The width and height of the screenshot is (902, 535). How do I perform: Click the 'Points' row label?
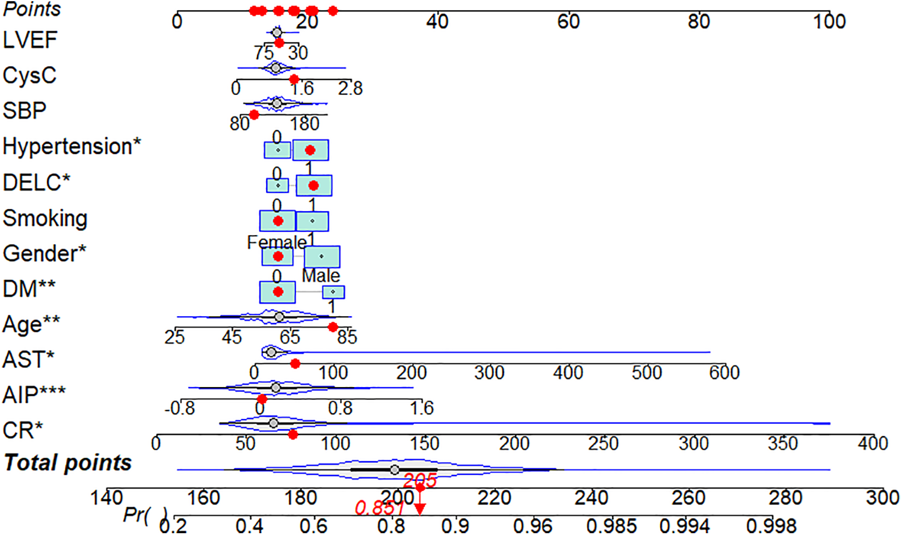(x=32, y=10)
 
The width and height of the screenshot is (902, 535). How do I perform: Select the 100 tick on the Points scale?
(x=829, y=21)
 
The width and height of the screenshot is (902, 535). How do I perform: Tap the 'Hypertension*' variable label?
(x=72, y=147)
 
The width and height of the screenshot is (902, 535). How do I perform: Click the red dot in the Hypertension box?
(x=310, y=150)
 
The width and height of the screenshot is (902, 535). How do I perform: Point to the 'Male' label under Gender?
(x=321, y=276)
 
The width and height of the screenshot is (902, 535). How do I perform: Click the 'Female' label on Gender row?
(x=276, y=242)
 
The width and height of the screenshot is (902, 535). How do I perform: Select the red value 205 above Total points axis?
(x=420, y=481)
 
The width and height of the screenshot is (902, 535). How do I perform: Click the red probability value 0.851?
(x=379, y=509)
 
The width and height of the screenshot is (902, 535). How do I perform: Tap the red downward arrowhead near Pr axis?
(x=420, y=509)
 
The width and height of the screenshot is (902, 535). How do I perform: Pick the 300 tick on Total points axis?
(x=882, y=498)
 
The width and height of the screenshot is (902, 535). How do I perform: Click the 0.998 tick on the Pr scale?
(x=771, y=526)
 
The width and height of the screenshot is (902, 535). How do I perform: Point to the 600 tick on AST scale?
(x=724, y=373)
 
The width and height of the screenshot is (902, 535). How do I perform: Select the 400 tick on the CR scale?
(x=873, y=444)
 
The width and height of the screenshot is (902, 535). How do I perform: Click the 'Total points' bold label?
(x=67, y=463)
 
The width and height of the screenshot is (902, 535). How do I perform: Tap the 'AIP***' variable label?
(x=34, y=395)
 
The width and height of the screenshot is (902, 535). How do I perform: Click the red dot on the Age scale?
(x=333, y=327)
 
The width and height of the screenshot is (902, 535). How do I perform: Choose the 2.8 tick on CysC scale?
(x=350, y=89)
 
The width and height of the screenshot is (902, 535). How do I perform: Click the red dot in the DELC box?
(x=313, y=186)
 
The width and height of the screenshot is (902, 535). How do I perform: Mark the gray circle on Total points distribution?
(x=394, y=469)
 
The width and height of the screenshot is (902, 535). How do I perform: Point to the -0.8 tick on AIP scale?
(x=180, y=408)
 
